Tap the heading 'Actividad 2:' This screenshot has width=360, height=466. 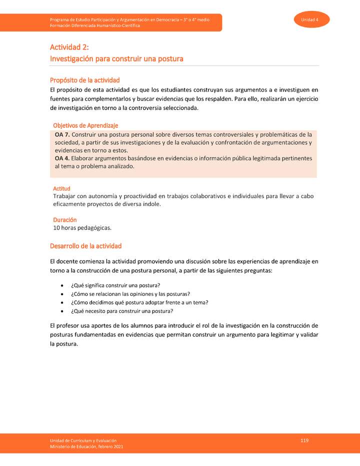(x=69, y=47)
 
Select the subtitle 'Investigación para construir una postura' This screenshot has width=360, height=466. (x=116, y=59)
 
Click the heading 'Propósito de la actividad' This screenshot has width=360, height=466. (x=84, y=80)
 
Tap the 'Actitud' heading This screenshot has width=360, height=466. (x=61, y=188)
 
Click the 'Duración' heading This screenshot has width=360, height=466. (x=64, y=220)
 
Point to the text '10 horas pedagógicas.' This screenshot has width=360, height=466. (x=82, y=228)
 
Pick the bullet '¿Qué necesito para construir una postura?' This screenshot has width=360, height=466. (x=121, y=311)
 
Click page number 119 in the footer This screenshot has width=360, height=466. (x=304, y=440)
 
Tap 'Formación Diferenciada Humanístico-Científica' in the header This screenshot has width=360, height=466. (x=95, y=25)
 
